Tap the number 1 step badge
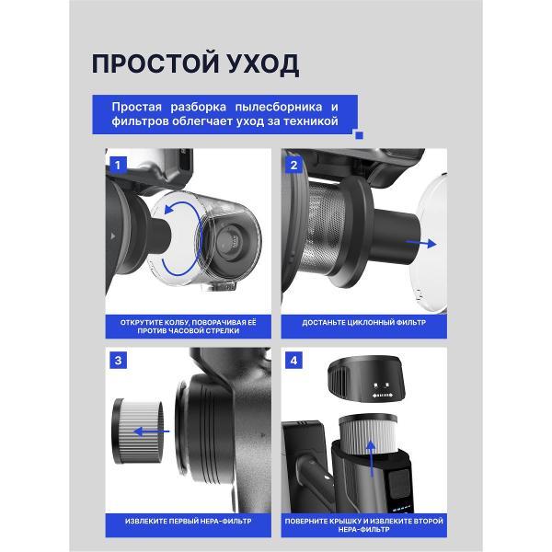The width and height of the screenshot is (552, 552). point(118,165)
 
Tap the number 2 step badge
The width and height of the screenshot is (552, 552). point(293,165)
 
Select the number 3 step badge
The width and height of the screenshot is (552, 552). point(118,360)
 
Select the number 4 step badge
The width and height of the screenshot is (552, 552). point(293,360)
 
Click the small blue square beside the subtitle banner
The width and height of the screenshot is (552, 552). point(359,135)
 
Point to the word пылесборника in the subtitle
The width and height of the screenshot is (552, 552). point(278,108)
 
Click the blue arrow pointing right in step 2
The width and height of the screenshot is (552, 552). point(421,243)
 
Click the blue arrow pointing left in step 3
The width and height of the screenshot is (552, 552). point(152,431)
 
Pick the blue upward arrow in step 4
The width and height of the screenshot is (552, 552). point(371,458)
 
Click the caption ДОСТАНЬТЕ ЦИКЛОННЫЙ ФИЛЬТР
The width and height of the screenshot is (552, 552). point(364,323)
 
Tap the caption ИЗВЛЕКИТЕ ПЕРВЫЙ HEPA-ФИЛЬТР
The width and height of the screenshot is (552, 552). point(189,521)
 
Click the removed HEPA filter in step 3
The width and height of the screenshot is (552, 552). point(138,431)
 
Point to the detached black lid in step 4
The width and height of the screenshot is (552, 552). point(366,379)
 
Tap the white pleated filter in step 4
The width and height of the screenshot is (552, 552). point(367,432)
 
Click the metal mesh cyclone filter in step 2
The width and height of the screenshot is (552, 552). point(326,228)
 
